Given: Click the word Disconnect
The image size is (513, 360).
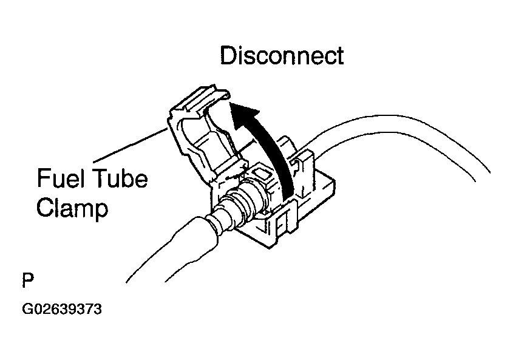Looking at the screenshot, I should tap(281, 56).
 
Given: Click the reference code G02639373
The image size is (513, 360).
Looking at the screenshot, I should tap(61, 310).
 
